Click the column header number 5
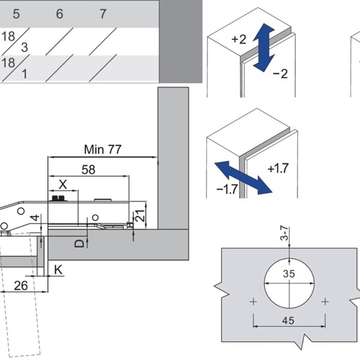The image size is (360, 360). pos(16,14)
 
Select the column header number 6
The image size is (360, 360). pos(59,14)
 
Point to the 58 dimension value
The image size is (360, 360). pos(88,170)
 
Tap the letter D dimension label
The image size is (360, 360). pos(78,242)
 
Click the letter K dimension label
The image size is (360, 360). pos(58,269)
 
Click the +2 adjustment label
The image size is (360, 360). pos(238,40)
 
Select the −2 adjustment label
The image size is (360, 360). pos(280,74)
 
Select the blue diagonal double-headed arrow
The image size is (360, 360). pos(243,177)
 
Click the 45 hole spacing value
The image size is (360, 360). pos(289,320)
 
